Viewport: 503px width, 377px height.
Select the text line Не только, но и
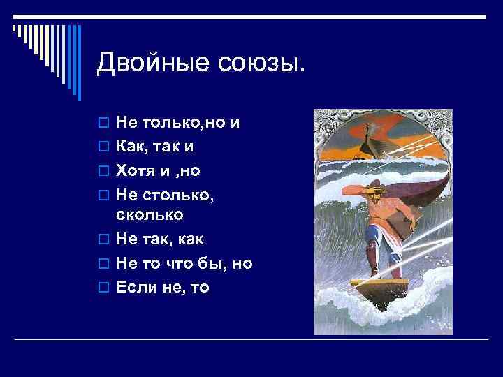pos(178,124)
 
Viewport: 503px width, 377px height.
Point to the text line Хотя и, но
pos(161,170)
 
